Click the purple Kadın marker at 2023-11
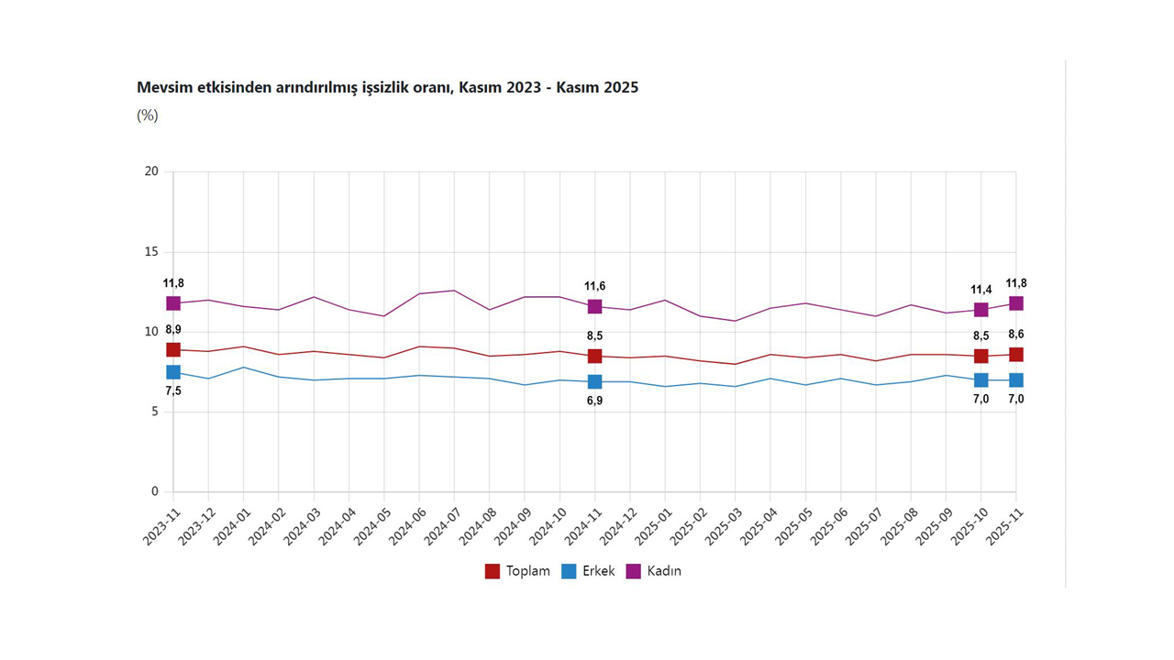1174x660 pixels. point(173,303)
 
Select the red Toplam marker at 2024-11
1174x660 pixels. point(595,356)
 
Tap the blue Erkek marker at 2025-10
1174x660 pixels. point(981,379)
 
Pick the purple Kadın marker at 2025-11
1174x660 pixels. point(1016,303)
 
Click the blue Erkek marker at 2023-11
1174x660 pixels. point(173,372)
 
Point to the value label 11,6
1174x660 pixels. point(595,287)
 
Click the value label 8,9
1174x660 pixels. point(173,330)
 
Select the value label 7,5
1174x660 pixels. point(173,391)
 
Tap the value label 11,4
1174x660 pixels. point(981,290)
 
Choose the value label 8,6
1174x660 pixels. point(1016,335)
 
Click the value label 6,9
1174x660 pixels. point(595,401)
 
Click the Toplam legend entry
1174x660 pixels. point(518,571)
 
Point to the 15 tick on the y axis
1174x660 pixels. point(151,252)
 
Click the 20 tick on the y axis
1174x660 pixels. point(151,171)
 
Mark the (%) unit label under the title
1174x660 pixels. point(148,115)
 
